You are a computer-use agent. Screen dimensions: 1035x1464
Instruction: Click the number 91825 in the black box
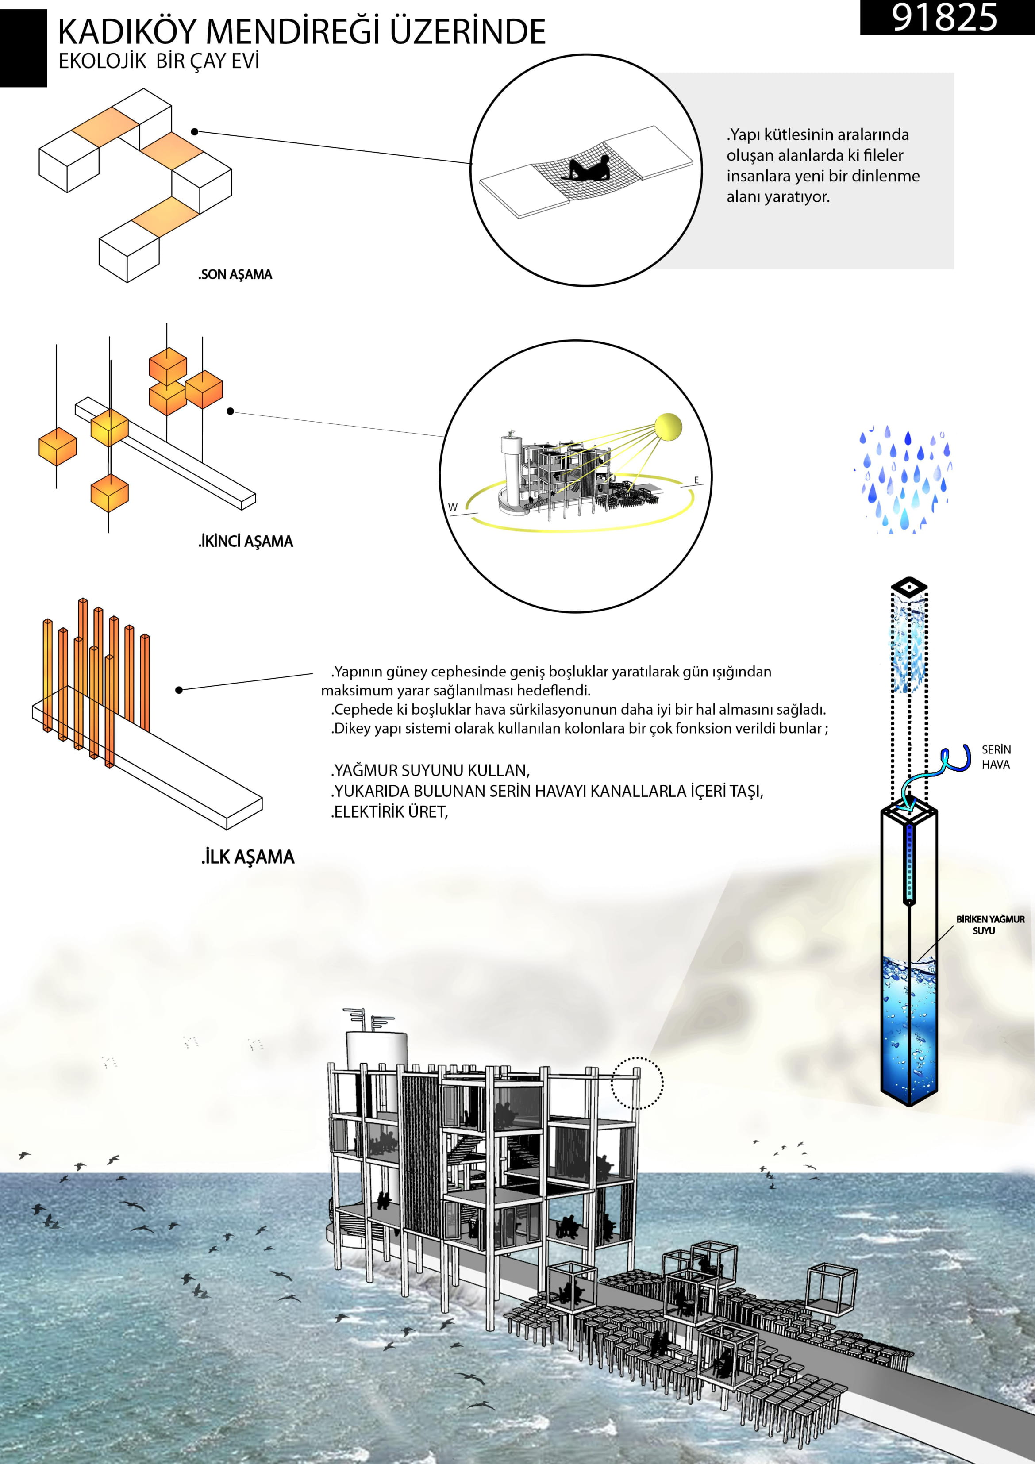tap(944, 18)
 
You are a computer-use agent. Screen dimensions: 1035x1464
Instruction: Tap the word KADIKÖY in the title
tap(127, 31)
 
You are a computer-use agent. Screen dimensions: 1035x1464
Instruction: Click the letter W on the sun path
tap(453, 507)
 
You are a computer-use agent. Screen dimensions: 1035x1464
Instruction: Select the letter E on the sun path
tap(696, 480)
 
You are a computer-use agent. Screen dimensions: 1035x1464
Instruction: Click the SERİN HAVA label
tap(996, 757)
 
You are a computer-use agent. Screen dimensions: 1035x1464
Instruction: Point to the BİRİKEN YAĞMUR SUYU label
tap(990, 925)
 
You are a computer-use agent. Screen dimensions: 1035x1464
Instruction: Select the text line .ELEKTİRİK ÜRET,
tap(390, 812)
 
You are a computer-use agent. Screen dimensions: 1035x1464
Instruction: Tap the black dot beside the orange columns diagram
tap(179, 690)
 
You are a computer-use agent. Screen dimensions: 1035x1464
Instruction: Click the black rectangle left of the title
tap(23, 48)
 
